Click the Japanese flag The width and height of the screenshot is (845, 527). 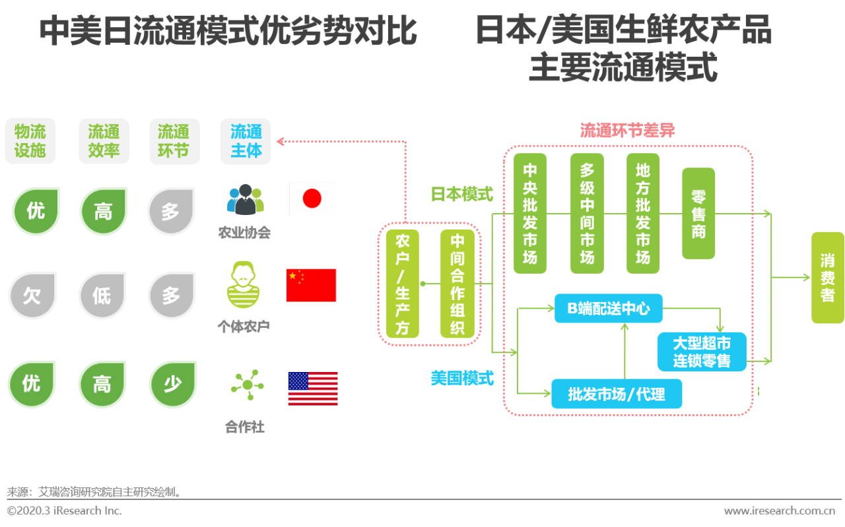point(312,199)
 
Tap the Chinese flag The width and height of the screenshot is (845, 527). point(311,285)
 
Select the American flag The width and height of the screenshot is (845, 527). point(313,388)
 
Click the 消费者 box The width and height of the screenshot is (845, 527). point(827,278)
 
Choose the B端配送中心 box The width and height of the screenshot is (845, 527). point(608,308)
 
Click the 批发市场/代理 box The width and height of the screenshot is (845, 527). point(616,394)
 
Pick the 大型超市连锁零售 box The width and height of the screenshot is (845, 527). point(702,352)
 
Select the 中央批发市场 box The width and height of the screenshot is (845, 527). point(530,214)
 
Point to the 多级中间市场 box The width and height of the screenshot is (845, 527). point(587,214)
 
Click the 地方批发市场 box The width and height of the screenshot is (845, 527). point(643,214)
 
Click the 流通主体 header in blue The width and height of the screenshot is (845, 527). point(246,141)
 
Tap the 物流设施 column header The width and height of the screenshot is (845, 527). point(30,141)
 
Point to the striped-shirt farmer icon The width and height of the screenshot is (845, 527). point(243,286)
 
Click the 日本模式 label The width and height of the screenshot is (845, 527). point(461,194)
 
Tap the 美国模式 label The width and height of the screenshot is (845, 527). point(462,379)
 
